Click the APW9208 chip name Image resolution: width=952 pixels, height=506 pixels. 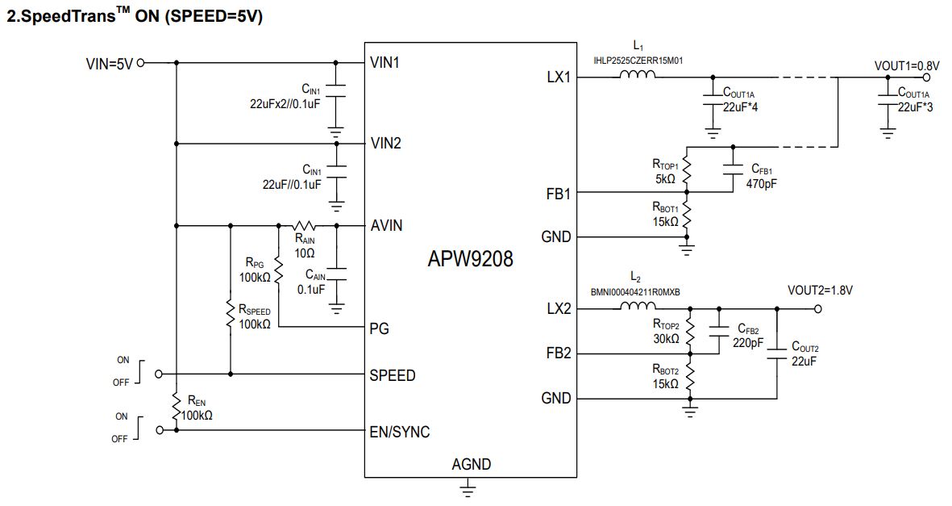click(470, 258)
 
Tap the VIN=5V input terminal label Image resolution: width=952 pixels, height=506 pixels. click(110, 64)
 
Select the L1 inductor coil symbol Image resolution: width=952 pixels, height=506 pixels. click(638, 74)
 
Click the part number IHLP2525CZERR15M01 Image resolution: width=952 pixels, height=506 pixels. click(638, 61)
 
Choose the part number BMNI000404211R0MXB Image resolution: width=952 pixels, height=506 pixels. click(635, 292)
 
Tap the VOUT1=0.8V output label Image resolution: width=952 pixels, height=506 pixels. click(907, 65)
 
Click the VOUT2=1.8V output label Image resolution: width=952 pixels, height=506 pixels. click(820, 291)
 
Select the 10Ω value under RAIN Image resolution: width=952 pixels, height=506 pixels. click(304, 253)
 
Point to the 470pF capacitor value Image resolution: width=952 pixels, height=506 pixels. click(761, 184)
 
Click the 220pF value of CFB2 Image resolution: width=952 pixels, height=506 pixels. click(748, 343)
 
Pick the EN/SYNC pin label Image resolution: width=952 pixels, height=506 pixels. click(400, 432)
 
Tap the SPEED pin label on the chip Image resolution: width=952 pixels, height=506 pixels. click(393, 375)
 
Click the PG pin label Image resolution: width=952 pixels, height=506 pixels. click(379, 329)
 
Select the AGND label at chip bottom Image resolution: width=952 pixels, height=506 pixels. click(471, 465)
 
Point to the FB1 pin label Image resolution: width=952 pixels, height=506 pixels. click(559, 194)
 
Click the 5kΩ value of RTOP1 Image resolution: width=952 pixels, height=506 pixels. click(665, 179)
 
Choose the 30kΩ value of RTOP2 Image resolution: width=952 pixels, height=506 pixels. click(666, 339)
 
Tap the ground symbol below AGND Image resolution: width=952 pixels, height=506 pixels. click(468, 488)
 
